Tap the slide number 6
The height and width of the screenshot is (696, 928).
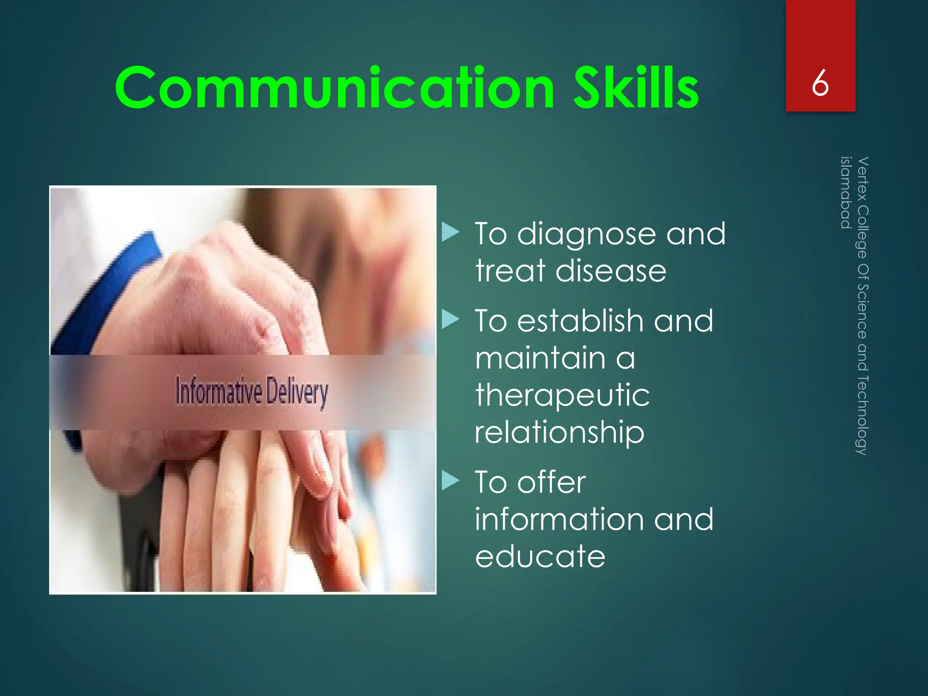(820, 83)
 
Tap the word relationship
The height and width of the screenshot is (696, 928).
(559, 432)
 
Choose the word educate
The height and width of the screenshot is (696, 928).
(540, 556)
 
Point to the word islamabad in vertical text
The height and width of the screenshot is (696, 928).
(846, 193)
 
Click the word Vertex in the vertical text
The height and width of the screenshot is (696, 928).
(863, 179)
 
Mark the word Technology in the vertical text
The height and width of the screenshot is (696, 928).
(863, 415)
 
